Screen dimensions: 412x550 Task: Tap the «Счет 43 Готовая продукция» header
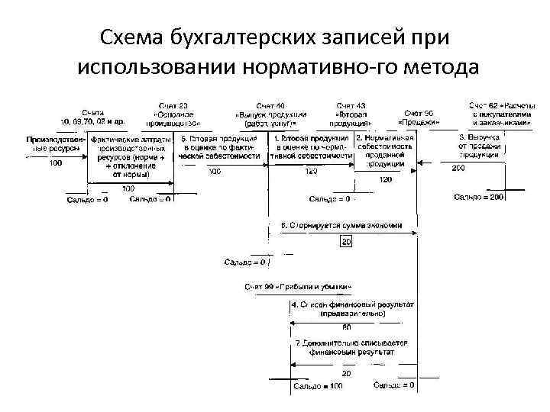pos(351,114)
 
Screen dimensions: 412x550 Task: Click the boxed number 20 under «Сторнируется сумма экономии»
pos(345,242)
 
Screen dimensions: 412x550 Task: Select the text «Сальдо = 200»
pos(479,198)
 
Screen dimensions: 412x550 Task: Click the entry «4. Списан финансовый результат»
pos(352,307)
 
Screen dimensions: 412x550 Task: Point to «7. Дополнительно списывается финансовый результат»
pos(352,349)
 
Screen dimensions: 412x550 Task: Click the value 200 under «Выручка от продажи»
pos(458,168)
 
